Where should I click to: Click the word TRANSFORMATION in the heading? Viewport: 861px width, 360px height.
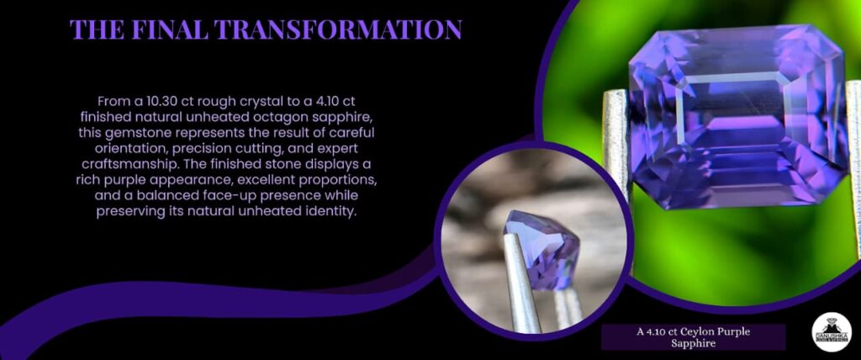coord(338,29)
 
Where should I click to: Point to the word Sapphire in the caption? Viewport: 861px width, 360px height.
coord(694,344)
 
